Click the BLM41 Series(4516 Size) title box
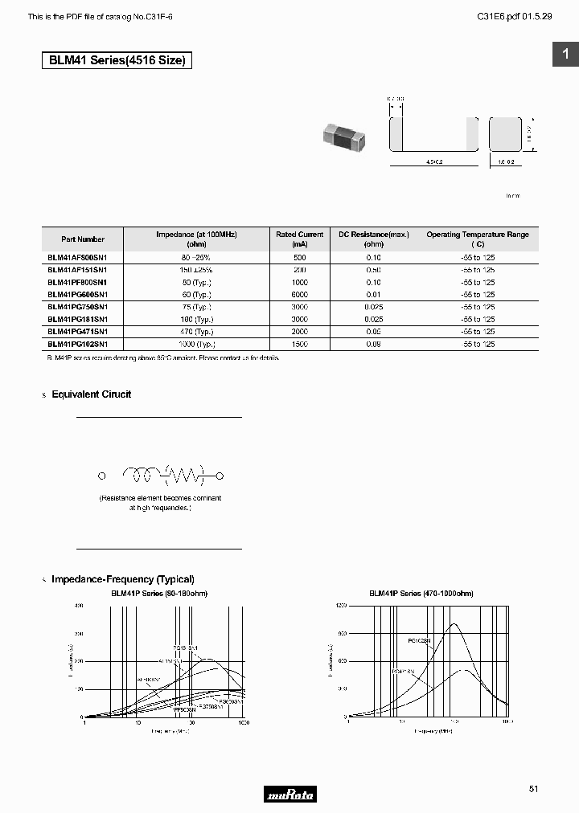click(x=117, y=60)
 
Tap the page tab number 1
click(x=565, y=54)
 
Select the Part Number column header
click(x=83, y=239)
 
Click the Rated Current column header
click(x=300, y=239)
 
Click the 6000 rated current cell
click(x=300, y=295)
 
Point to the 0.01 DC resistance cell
click(x=374, y=295)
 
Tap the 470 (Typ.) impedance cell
click(x=196, y=331)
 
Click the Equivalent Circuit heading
click(x=91, y=394)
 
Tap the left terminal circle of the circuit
click(x=102, y=476)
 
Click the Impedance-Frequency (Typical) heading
click(x=122, y=579)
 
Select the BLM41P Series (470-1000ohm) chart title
click(x=421, y=594)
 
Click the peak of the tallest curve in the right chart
click(x=455, y=624)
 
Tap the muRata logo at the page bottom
click(x=289, y=795)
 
